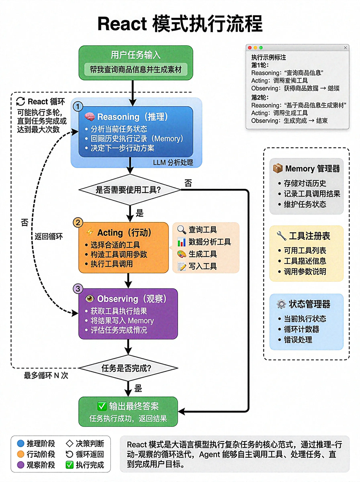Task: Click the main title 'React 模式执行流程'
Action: pyautogui.click(x=180, y=24)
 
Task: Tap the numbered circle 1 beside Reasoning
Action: pyautogui.click(x=78, y=106)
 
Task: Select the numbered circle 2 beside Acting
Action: pyautogui.click(x=78, y=222)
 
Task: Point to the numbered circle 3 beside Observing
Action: pyautogui.click(x=78, y=289)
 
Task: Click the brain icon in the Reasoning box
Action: pyautogui.click(x=89, y=117)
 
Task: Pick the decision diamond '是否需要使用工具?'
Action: pyautogui.click(x=129, y=190)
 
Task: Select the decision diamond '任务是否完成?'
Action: pyautogui.click(x=128, y=368)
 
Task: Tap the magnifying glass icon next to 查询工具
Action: pyautogui.click(x=182, y=230)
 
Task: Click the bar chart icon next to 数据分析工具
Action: pyautogui.click(x=182, y=242)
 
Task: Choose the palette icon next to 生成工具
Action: pyautogui.click(x=182, y=254)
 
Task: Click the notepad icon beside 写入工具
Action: pyautogui.click(x=182, y=266)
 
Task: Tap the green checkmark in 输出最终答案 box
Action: pyautogui.click(x=102, y=406)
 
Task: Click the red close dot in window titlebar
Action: pyautogui.click(x=250, y=48)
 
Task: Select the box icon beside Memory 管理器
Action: pyautogui.click(x=278, y=168)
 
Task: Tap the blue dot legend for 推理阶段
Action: pyautogui.click(x=21, y=443)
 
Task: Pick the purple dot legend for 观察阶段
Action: pyautogui.click(x=21, y=465)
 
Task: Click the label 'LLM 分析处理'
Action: pyautogui.click(x=173, y=163)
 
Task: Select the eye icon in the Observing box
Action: pyautogui.click(x=89, y=299)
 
